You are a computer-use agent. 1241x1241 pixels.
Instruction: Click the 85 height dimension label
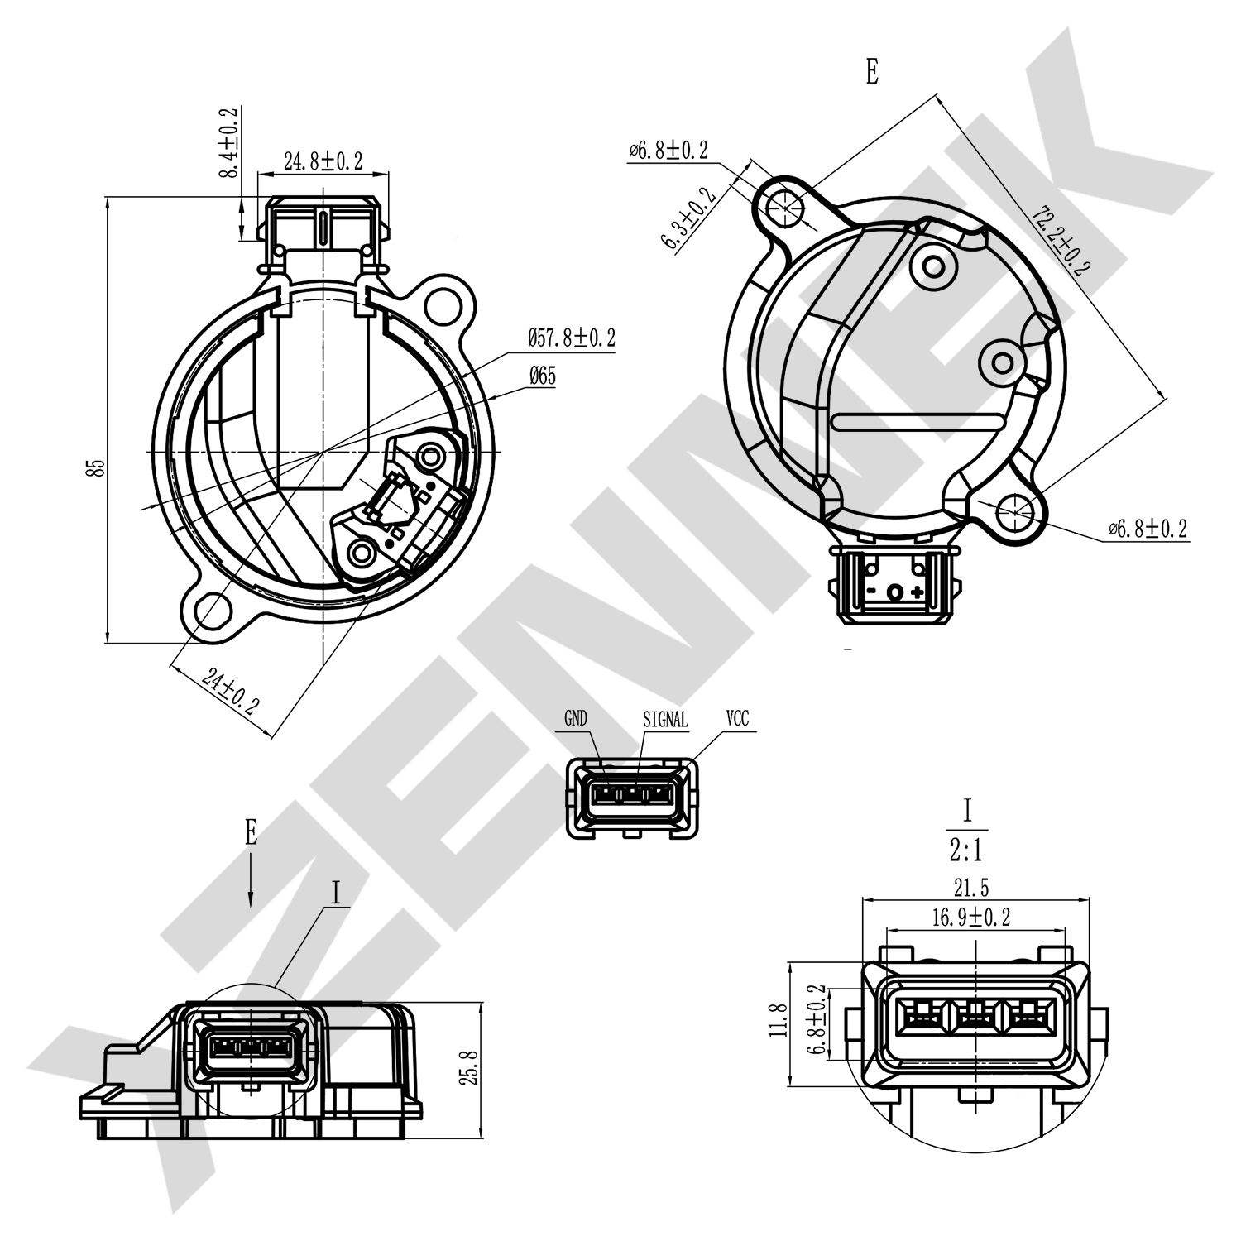click(x=97, y=467)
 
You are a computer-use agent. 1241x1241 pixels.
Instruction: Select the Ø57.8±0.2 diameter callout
click(x=571, y=338)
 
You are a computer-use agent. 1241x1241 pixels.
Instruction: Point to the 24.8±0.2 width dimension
click(x=323, y=161)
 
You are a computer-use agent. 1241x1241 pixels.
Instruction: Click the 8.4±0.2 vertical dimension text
click(x=229, y=142)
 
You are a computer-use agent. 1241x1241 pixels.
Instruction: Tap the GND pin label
click(x=576, y=719)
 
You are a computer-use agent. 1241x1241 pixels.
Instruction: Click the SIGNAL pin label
click(x=665, y=720)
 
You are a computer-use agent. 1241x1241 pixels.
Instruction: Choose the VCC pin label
click(x=737, y=719)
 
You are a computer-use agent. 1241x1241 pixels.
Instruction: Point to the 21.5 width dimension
click(x=971, y=889)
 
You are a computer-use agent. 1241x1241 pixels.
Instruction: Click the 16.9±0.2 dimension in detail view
click(x=971, y=917)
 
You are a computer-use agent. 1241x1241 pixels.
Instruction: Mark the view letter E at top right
click(x=871, y=73)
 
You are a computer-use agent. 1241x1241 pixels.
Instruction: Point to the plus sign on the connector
click(x=917, y=592)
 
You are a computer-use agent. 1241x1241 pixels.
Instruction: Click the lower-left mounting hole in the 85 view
click(x=213, y=611)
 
